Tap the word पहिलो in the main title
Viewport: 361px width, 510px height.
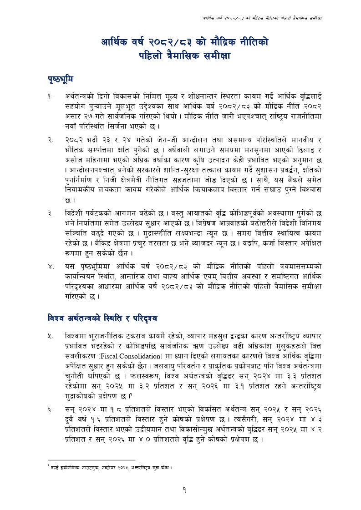tap(153, 56)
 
